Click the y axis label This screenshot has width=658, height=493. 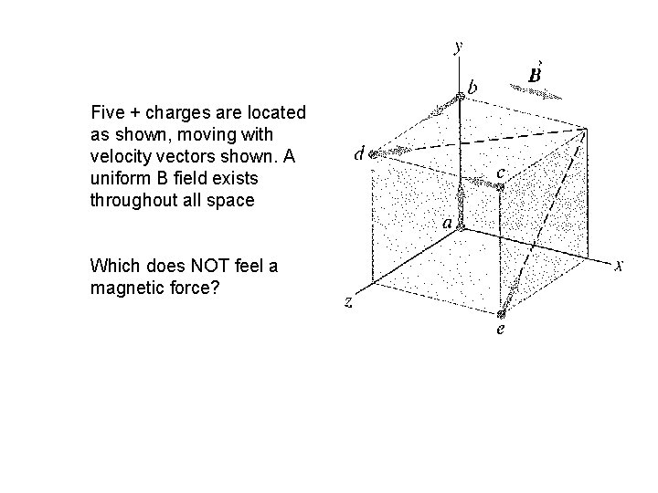coord(458,46)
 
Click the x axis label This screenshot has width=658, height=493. coord(620,266)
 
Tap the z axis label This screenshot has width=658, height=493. coord(349,302)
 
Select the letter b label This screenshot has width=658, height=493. coord(472,88)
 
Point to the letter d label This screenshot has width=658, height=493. coord(360,154)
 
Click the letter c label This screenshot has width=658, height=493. coord(500,172)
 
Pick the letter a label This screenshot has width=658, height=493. coord(447,222)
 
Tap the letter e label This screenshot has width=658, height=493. coord(499,330)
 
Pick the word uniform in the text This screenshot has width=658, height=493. coord(117,179)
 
